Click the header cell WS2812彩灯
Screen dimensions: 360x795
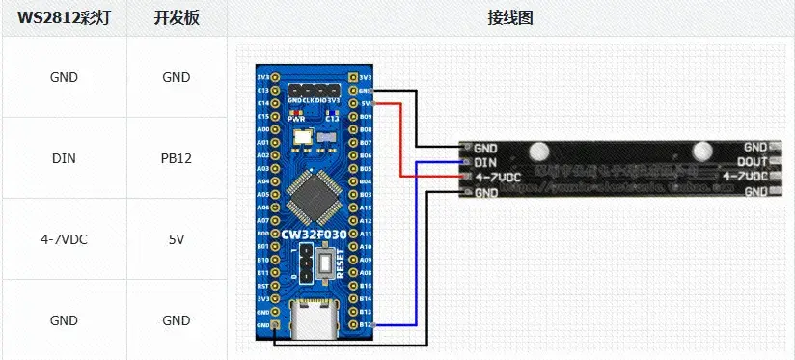tap(66, 18)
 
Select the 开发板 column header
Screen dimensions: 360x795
tap(177, 18)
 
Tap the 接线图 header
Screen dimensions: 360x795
tap(510, 18)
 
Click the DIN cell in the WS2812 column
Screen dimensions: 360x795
tap(64, 158)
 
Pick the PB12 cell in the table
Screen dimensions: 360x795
tap(177, 158)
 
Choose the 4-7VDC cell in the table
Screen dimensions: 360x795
tap(64, 239)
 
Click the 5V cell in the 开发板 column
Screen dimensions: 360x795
tap(177, 239)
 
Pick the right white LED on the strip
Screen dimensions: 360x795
tap(701, 152)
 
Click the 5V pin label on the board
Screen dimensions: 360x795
tap(366, 102)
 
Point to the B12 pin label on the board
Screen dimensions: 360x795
tap(366, 326)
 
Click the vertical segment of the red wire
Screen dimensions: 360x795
tap(399, 140)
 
